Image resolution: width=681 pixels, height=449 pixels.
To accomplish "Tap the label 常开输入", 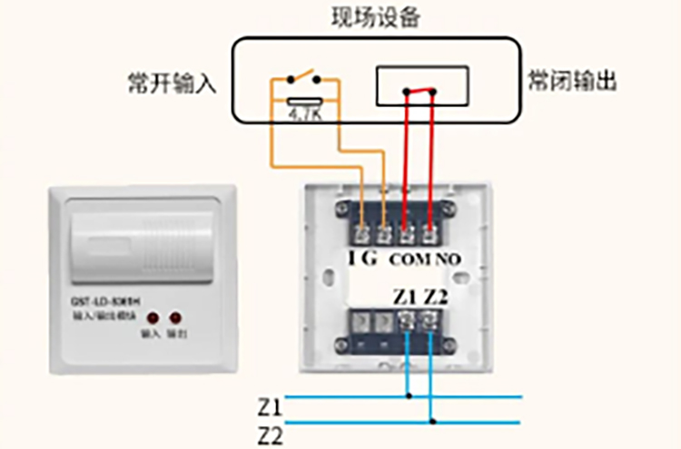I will (173, 83).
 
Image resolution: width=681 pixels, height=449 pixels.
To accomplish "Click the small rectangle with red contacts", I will (422, 84).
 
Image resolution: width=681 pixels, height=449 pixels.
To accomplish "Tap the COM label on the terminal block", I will (407, 259).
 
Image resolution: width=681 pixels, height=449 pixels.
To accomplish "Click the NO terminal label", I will (448, 259).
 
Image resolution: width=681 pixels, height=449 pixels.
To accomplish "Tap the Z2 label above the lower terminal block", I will (437, 297).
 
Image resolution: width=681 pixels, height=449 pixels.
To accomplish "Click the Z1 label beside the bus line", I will (271, 405).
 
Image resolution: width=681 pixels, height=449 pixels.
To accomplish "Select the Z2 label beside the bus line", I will (271, 434).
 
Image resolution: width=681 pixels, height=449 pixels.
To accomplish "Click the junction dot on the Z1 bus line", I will (410, 395).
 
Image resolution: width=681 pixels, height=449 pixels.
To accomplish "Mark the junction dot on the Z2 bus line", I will (433, 422).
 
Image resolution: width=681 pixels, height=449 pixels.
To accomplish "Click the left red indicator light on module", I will (150, 318).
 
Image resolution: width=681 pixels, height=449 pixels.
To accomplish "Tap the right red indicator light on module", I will (173, 318).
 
